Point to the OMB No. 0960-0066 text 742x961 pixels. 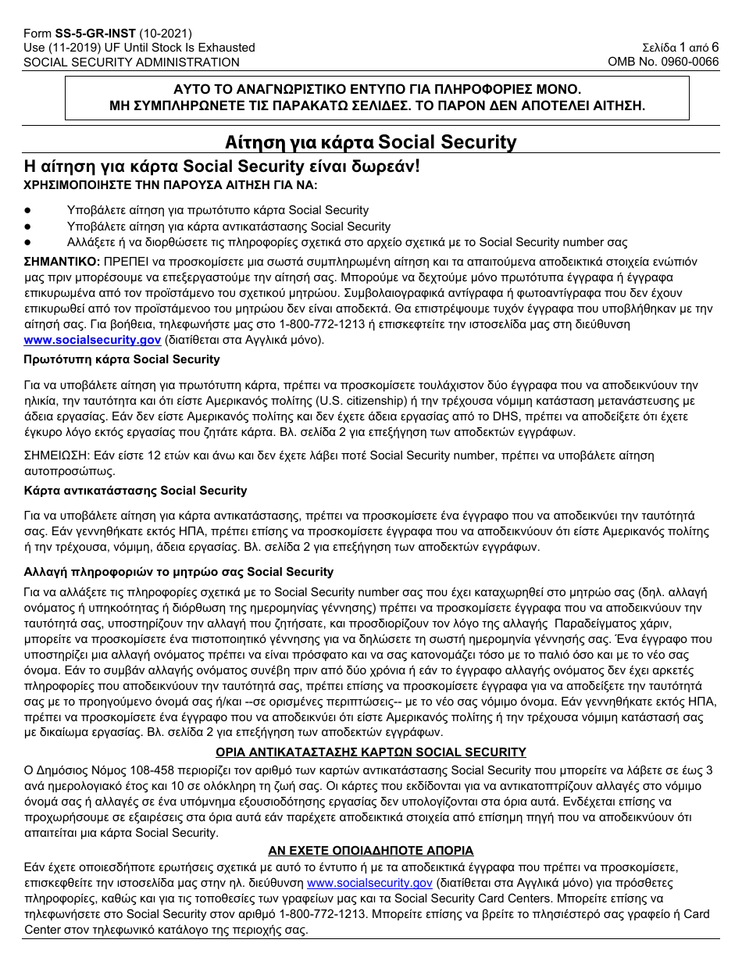coord(663,62)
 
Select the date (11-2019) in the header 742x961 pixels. coord(72,48)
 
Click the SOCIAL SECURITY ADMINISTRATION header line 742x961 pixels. coord(131,62)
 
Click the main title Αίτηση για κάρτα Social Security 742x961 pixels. coord(371,141)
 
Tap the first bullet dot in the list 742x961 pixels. coord(28,210)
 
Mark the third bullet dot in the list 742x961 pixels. coord(28,242)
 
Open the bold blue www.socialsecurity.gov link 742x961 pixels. coord(91,340)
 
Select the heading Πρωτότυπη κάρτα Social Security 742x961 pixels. coord(123,359)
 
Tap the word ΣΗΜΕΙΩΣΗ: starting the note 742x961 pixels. coord(57,455)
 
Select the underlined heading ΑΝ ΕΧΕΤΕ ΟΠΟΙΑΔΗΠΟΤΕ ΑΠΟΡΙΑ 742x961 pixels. coord(371,851)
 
